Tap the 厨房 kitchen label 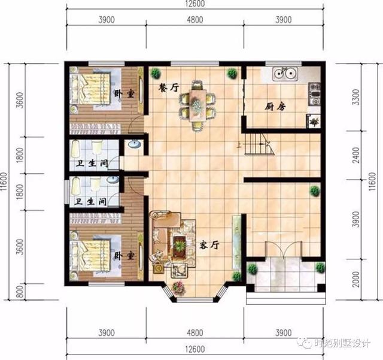[276, 107]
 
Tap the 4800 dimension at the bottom [194, 331]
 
